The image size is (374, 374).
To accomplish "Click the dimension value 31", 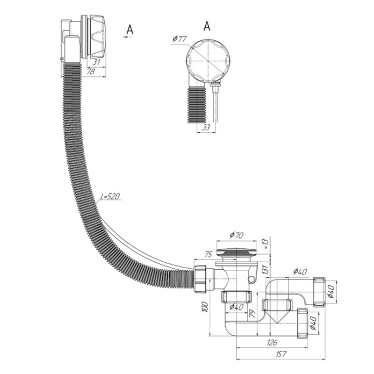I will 97,62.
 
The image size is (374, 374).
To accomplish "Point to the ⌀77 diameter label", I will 179,39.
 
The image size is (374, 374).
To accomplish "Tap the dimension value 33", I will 206,127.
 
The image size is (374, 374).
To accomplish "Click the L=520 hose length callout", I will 110,197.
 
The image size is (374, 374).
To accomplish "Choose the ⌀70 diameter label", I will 237,236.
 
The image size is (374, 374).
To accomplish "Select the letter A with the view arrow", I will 129,29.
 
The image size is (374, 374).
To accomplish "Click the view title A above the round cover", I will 207,26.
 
